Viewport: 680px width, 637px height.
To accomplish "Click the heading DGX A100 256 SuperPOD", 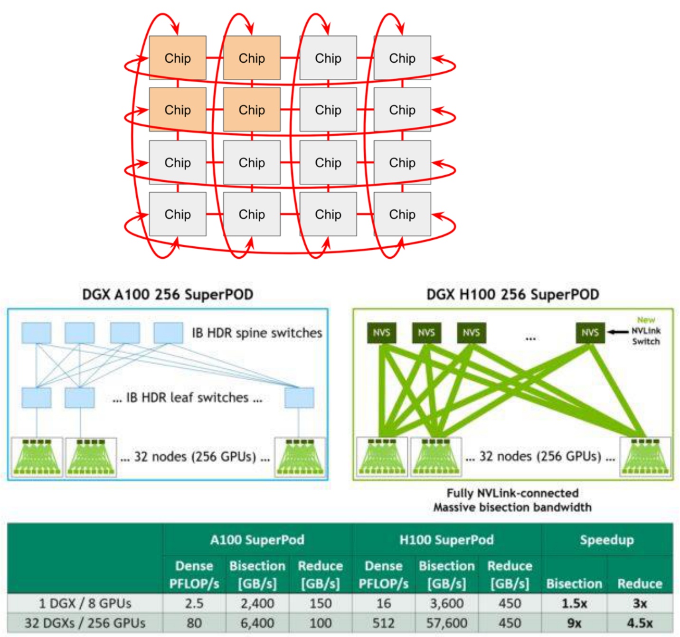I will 167,294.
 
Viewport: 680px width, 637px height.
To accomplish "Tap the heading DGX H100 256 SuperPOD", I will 512,294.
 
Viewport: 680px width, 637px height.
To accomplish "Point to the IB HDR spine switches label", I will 257,333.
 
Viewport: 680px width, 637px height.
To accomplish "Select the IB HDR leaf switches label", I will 188,398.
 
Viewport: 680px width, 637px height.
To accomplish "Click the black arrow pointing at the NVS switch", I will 618,332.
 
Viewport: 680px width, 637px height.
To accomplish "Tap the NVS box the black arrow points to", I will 590,333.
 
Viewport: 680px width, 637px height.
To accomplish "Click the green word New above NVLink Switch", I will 646,320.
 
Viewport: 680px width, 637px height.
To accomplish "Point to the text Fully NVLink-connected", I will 512,493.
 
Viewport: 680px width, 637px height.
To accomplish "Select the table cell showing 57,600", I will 446,623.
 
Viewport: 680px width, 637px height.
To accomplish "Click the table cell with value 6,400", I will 257,623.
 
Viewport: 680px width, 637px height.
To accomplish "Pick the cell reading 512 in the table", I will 383,623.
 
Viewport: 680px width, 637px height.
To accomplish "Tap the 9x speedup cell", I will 574,623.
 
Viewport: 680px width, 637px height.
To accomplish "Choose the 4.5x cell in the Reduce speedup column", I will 640,623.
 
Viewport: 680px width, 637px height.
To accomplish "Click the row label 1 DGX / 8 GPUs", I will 85,603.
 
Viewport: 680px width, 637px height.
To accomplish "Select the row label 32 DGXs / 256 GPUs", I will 85,623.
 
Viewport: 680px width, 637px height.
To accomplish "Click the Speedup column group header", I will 606,540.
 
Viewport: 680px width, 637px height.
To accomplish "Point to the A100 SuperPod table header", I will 257,540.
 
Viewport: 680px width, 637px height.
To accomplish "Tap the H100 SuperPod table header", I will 446,540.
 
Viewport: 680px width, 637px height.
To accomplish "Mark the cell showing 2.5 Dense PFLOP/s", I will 194,603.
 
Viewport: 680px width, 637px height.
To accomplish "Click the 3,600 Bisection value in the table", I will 446,603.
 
